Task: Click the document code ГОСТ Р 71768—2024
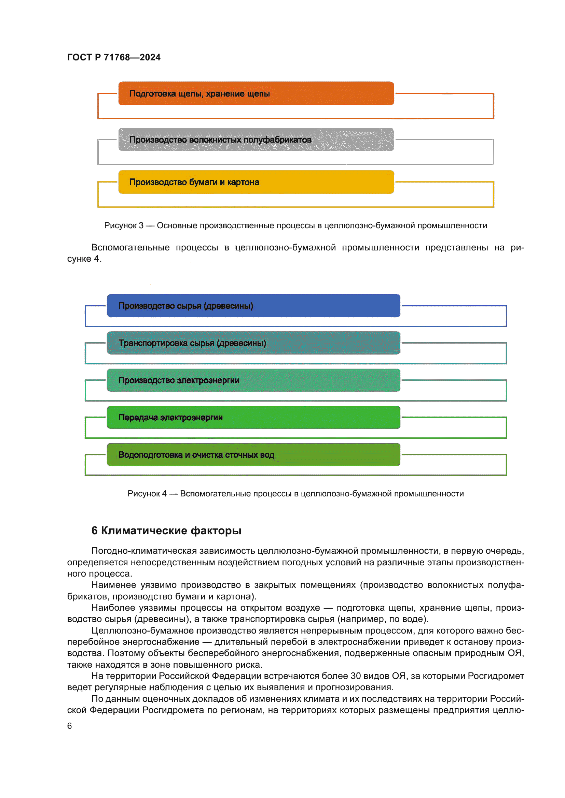(x=114, y=57)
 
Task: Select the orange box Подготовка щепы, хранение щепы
(x=256, y=93)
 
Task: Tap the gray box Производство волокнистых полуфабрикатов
(x=256, y=140)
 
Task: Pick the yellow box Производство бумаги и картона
(x=256, y=182)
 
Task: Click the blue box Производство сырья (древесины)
(x=253, y=306)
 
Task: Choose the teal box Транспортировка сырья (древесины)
(x=253, y=343)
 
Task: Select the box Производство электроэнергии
(x=253, y=380)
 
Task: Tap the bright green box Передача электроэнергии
(x=253, y=417)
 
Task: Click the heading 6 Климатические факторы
(x=166, y=531)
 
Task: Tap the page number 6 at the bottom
(x=70, y=726)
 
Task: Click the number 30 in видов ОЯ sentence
(x=356, y=676)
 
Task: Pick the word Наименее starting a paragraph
(x=113, y=585)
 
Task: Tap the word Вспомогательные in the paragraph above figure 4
(x=130, y=247)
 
